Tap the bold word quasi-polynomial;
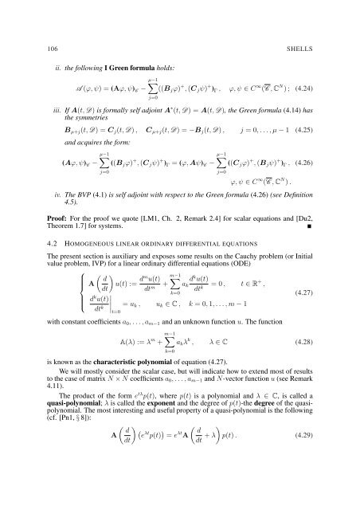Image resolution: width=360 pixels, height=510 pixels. pyautogui.click(x=59, y=445)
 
